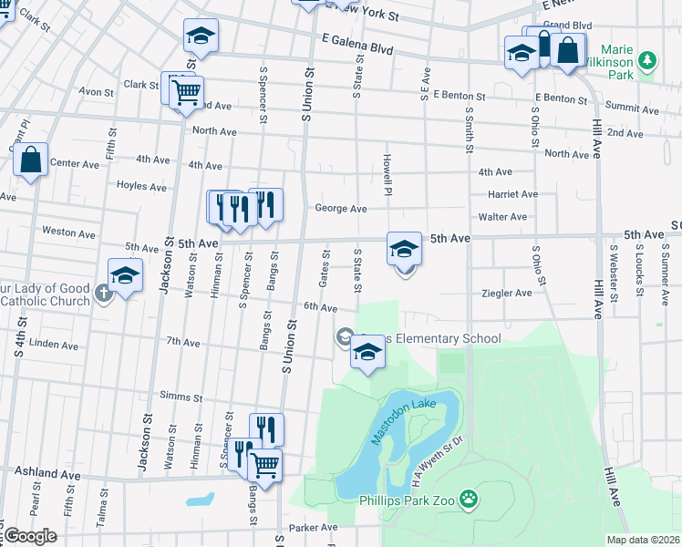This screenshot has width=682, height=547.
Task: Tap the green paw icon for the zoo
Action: click(x=469, y=499)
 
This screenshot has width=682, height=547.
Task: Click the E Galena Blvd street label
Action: click(x=356, y=45)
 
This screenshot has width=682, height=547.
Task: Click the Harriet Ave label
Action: click(x=513, y=194)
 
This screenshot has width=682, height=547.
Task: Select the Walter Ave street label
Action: click(x=503, y=217)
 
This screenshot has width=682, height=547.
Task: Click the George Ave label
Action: click(x=341, y=208)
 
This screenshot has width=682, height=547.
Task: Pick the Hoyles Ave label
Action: click(x=141, y=187)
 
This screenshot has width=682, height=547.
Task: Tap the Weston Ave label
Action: click(x=68, y=233)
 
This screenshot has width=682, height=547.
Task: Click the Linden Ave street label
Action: click(x=54, y=345)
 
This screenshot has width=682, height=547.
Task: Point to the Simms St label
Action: click(x=181, y=397)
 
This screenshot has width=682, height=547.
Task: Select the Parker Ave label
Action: click(x=307, y=528)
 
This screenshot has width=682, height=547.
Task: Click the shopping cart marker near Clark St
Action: click(x=184, y=90)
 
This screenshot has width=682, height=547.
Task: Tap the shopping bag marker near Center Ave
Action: click(x=31, y=160)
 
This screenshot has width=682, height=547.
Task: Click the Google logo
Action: click(x=30, y=535)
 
